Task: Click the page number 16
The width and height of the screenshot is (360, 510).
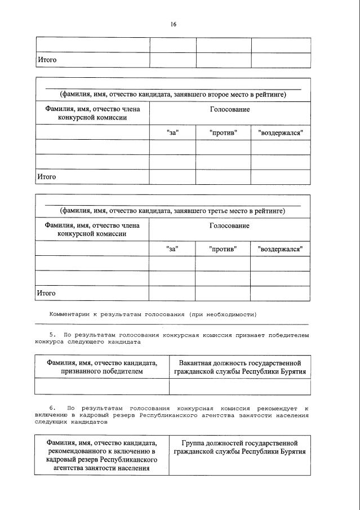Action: [174, 24]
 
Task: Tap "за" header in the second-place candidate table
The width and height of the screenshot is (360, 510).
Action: [172, 132]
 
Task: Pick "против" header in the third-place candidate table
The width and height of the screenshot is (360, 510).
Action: [223, 249]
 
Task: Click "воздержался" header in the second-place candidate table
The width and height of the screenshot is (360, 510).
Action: [280, 132]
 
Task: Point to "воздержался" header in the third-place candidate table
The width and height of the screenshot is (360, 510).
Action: [280, 249]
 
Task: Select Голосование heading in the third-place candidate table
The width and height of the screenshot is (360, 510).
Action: [229, 225]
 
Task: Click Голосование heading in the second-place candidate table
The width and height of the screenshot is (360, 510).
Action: [229, 109]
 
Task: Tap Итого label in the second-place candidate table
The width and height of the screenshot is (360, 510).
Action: [47, 177]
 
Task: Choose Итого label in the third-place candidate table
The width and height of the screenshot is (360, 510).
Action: [47, 293]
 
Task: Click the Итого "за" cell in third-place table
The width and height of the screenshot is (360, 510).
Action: [172, 293]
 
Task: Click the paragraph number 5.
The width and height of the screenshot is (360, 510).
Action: [52, 335]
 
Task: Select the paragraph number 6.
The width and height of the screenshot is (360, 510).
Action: [52, 407]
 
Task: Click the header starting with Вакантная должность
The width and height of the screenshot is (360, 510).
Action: [239, 367]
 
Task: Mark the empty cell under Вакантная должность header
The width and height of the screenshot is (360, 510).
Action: [239, 387]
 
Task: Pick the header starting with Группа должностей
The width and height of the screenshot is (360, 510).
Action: [239, 447]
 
